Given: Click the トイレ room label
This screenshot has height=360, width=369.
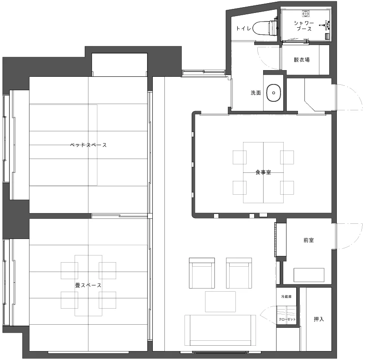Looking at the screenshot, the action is (x=243, y=29).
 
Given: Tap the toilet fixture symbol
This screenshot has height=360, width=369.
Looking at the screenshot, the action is (x=264, y=28).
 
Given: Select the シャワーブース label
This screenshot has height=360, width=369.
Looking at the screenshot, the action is (x=304, y=26).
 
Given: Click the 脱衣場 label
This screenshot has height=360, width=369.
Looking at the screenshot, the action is (x=302, y=60).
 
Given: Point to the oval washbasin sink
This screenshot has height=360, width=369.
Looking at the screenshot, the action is (x=273, y=93).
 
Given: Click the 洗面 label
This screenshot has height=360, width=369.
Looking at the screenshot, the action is (x=256, y=93).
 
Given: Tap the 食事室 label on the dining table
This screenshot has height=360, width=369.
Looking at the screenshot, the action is (x=263, y=172).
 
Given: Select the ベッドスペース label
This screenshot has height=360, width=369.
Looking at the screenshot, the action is (x=88, y=145).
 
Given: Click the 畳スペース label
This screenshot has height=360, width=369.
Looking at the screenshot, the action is (x=88, y=285).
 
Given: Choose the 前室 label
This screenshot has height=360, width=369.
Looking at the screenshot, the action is (x=309, y=240).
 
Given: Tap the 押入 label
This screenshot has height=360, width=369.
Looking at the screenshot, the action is (x=319, y=319).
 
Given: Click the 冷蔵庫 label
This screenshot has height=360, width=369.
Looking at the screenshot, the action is (x=286, y=297).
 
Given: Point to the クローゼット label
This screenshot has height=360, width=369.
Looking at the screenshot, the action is (x=287, y=319).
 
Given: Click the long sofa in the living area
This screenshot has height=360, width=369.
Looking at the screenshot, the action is (x=220, y=330).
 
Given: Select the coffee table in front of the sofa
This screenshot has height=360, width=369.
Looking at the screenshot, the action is (x=220, y=301).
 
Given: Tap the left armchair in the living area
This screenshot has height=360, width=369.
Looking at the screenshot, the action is (x=202, y=273).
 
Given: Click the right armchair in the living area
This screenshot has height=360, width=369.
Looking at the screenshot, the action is (x=239, y=273).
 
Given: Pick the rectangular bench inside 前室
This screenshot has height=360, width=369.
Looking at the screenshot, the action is (x=309, y=275).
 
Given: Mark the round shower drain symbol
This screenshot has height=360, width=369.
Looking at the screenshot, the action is (x=306, y=14).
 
